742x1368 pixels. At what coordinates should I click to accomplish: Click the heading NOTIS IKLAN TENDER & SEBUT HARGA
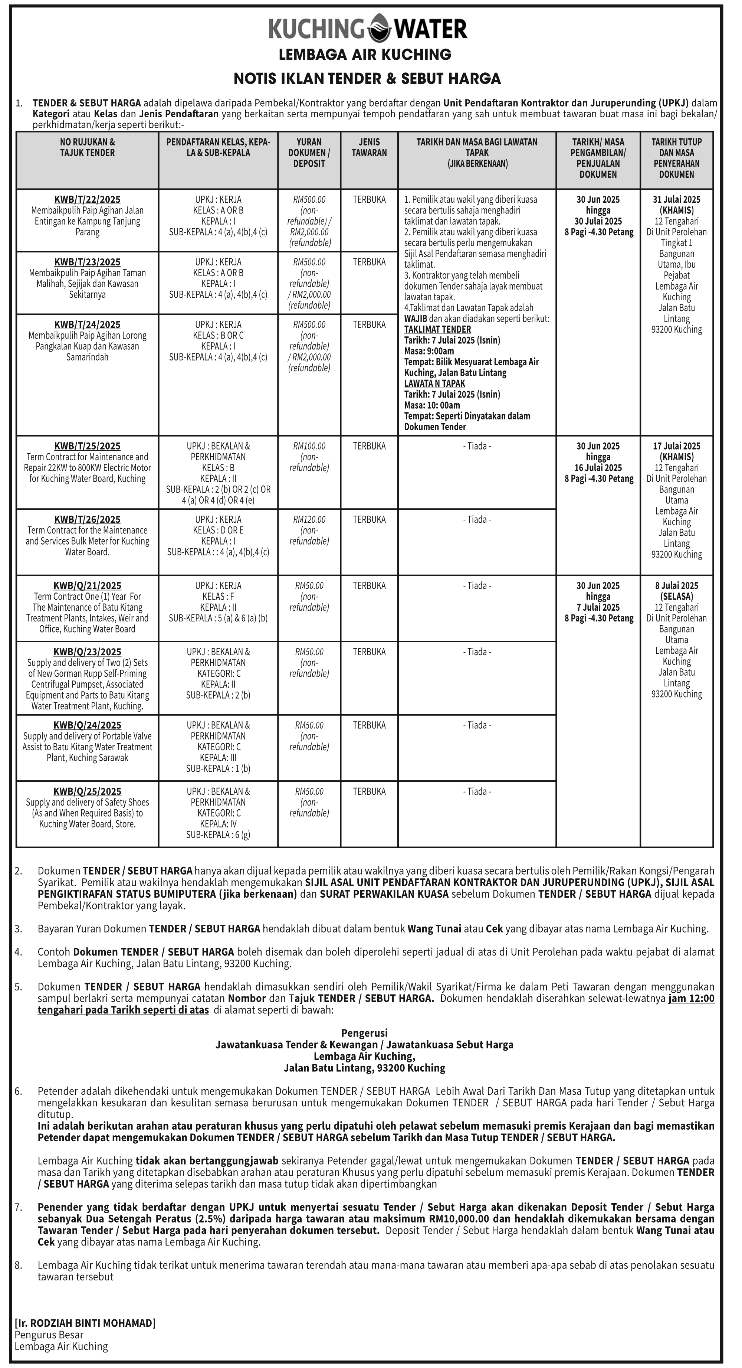pos(367,79)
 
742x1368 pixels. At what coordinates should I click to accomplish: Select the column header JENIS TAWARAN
pos(370,148)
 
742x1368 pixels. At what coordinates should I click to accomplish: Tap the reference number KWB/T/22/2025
pos(88,200)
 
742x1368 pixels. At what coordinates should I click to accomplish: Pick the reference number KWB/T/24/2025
pos(88,324)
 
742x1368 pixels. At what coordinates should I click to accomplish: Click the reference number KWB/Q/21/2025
pos(88,586)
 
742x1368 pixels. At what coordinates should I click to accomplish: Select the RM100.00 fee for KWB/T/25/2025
pos(309,446)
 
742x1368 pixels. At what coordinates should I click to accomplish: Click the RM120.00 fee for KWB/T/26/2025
pos(309,519)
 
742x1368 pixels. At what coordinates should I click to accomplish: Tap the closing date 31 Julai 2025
pos(677,200)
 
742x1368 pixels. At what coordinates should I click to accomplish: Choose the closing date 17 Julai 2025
pos(677,446)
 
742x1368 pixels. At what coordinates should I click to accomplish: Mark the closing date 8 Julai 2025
pos(677,586)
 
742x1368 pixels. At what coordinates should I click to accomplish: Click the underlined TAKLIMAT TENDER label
pos(437,329)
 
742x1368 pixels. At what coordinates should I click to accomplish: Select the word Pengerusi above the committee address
pos(365,1033)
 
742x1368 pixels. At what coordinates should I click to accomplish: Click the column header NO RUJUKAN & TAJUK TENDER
pos(88,148)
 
